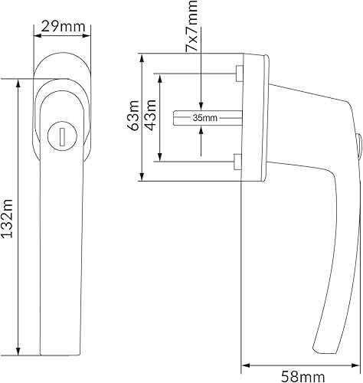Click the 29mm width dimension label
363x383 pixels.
(63, 27)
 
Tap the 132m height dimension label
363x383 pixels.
(7, 218)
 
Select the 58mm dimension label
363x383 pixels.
(302, 377)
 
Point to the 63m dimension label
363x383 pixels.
(134, 116)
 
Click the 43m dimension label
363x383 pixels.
(150, 115)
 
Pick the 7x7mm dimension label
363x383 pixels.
(191, 25)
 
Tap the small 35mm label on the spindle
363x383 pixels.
(205, 118)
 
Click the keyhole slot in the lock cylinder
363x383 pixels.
(62, 137)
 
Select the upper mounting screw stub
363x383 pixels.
(240, 74)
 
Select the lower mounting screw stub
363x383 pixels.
(237, 162)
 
